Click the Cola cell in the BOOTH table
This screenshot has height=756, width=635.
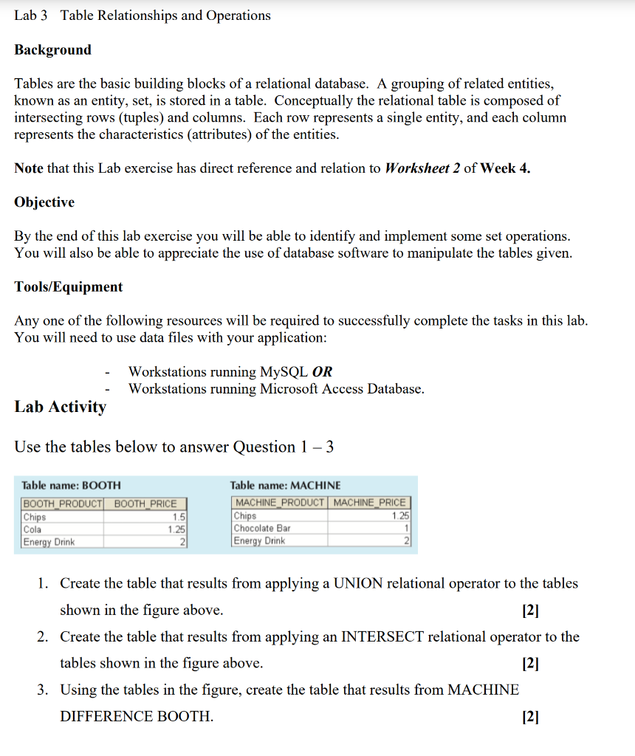pos(33,529)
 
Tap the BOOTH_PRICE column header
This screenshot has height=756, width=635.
pos(145,504)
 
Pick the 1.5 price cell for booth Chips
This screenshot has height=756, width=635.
pos(178,518)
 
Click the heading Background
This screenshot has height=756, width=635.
pos(53,50)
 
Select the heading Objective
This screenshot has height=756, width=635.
pos(44,202)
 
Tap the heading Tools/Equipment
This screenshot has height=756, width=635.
pos(69,287)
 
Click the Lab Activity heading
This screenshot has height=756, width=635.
pos(61,407)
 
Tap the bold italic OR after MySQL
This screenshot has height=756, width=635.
pos(323,372)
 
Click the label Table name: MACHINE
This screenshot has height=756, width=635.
pos(286,486)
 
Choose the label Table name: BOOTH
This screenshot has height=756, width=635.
pos(72,486)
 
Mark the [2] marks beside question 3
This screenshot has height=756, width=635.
pos(530,716)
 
